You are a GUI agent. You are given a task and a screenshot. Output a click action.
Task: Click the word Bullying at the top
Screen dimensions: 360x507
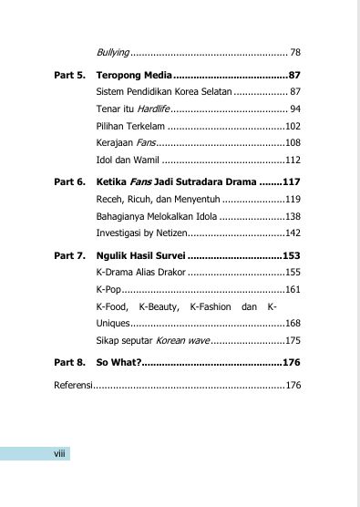(x=113, y=52)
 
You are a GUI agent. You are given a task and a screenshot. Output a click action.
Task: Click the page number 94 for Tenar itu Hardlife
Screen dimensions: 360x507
(x=294, y=109)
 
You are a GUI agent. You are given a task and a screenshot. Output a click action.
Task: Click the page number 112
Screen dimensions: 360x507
(x=293, y=160)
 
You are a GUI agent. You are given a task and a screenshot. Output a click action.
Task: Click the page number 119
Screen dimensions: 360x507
(x=293, y=199)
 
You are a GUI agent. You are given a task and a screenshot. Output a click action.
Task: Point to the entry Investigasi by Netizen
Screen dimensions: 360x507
(x=143, y=233)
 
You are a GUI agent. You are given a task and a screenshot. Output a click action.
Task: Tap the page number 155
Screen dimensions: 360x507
(x=293, y=272)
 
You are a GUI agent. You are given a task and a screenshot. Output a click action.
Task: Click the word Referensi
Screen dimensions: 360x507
(x=74, y=385)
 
